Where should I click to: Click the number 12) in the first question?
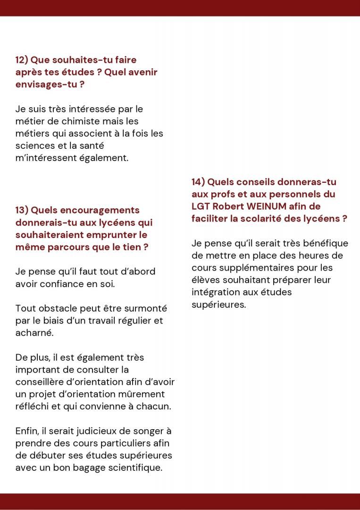(x=22, y=60)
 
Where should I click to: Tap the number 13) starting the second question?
(x=22, y=210)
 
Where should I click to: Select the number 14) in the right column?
(x=199, y=182)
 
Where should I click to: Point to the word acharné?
(x=34, y=333)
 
